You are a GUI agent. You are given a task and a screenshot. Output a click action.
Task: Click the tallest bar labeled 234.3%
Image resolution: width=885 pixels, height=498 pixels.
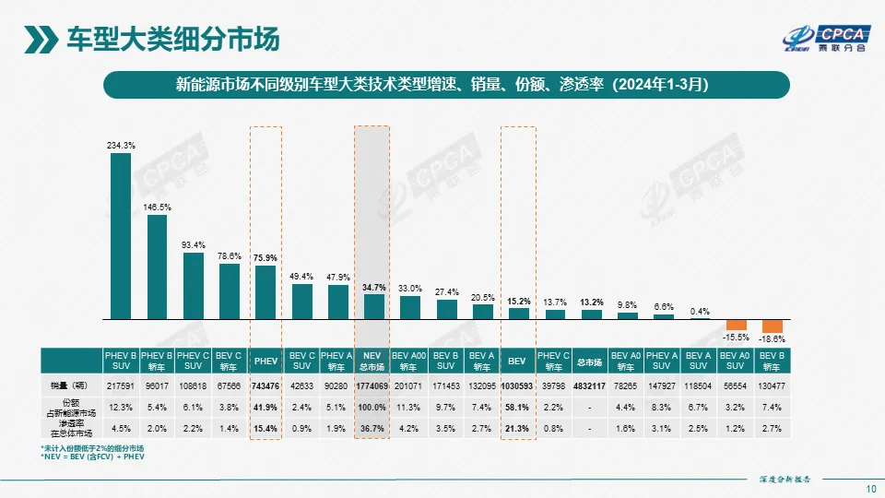click(121, 235)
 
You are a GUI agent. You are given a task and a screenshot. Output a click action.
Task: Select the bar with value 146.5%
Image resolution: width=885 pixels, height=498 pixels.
click(157, 267)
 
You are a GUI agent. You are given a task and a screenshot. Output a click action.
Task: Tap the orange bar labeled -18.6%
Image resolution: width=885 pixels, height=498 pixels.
click(772, 326)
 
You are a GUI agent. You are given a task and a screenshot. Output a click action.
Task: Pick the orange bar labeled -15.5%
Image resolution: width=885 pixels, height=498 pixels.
click(736, 325)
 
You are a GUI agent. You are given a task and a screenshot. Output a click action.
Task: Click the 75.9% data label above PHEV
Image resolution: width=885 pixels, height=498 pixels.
click(265, 258)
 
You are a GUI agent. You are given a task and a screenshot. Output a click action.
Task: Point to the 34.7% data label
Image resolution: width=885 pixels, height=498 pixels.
click(373, 288)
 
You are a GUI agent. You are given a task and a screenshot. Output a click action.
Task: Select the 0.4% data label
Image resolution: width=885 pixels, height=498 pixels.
click(699, 311)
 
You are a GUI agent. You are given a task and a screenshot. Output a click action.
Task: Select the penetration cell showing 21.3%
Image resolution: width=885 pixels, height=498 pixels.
click(518, 430)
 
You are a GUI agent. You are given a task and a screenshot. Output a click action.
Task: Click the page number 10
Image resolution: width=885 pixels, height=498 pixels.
click(871, 488)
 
